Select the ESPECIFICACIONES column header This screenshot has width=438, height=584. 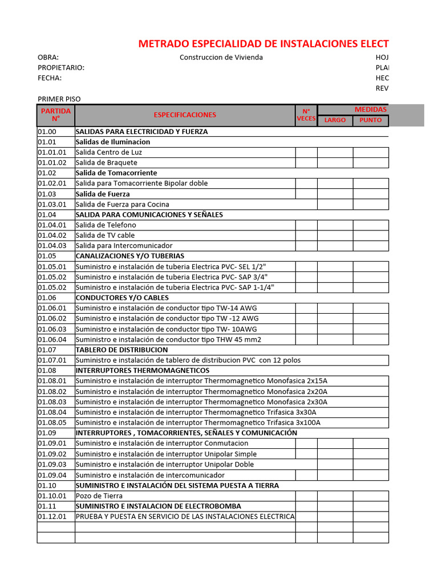[185, 115]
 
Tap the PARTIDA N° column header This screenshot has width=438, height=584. [55, 115]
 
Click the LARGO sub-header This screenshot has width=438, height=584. [335, 120]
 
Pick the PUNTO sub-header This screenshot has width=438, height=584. [370, 120]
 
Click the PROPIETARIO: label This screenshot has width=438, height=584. [61, 68]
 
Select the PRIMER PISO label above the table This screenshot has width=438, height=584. [59, 99]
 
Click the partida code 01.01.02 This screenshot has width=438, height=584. [52, 163]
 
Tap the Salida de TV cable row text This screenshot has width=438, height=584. [105, 235]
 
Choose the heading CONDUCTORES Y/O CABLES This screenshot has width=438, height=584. [122, 298]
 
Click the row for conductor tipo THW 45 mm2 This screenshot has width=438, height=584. [168, 339]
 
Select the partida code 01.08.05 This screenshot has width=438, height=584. [52, 423]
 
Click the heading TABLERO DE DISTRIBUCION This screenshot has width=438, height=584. [121, 350]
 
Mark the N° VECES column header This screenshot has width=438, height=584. [306, 115]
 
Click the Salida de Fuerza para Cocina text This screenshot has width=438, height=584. [122, 204]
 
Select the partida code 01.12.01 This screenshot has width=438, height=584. [52, 516]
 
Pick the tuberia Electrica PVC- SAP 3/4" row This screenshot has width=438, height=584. [172, 277]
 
